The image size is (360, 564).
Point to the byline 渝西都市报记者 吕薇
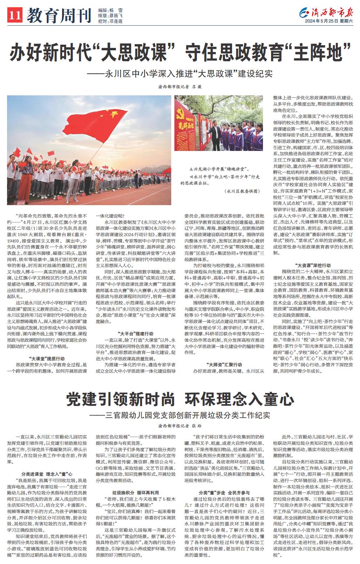(180, 87)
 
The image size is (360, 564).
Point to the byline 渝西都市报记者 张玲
(180, 425)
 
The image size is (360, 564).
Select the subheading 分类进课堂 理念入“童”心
(47, 474)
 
